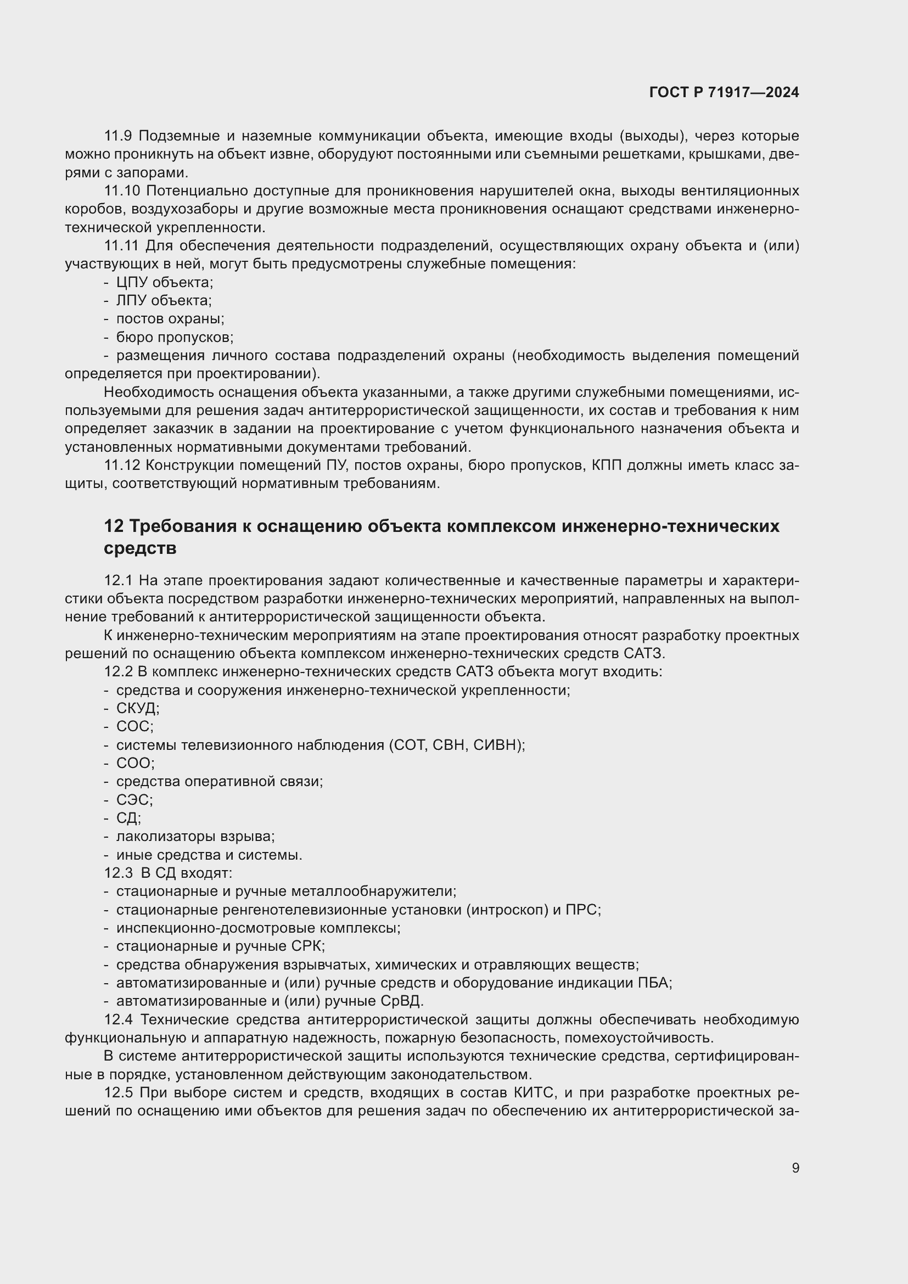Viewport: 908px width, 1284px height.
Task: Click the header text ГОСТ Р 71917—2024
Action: tap(724, 92)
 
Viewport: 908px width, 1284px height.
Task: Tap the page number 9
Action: tap(795, 1168)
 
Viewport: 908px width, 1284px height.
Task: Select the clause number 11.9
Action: tap(117, 136)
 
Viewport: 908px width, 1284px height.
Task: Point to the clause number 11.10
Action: tap(122, 190)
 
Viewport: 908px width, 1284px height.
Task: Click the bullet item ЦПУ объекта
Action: tap(164, 282)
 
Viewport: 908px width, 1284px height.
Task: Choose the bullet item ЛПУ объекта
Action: tap(163, 301)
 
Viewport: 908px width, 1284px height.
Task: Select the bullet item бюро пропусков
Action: tap(175, 337)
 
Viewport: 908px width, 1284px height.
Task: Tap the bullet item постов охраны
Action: tap(170, 319)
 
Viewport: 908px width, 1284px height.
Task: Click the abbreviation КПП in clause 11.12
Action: tap(606, 466)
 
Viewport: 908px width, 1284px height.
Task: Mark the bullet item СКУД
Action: tap(138, 709)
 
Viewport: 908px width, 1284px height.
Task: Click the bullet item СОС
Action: tap(134, 726)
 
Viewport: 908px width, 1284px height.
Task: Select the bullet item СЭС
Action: tap(134, 800)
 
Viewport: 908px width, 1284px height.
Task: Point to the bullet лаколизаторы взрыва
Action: tap(195, 837)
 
